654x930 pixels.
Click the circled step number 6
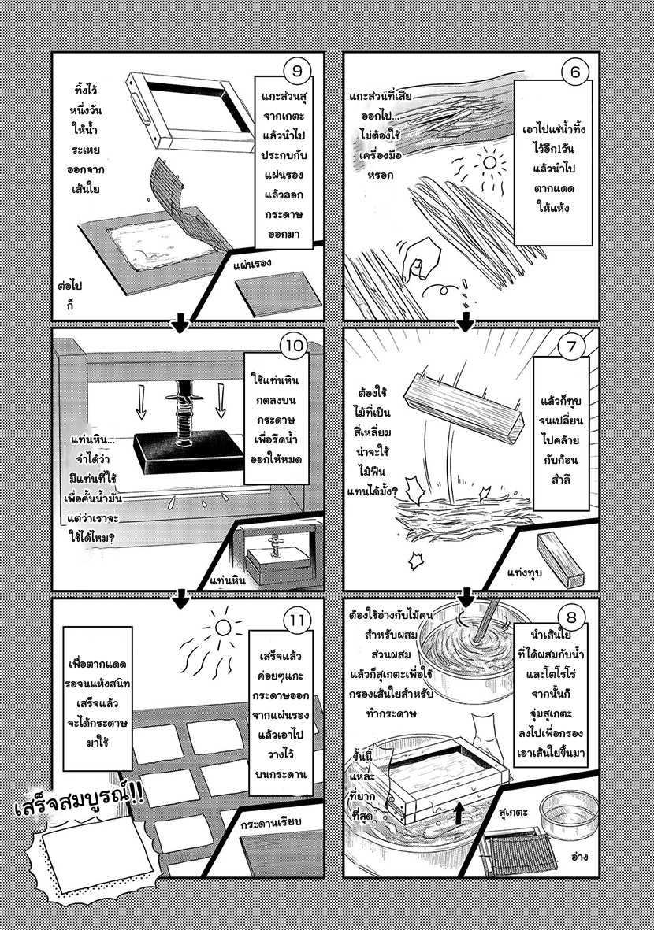[574, 72]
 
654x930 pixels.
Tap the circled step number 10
[295, 346]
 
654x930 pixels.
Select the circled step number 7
[571, 346]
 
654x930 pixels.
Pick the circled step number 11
[297, 621]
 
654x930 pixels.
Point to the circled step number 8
[571, 617]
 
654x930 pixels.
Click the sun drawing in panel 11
[222, 627]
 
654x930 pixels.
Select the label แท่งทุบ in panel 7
[525, 573]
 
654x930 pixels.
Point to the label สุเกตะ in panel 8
[513, 811]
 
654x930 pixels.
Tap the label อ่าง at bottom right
[580, 857]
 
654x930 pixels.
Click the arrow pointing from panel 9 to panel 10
[179, 323]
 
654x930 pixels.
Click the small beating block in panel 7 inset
[561, 559]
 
